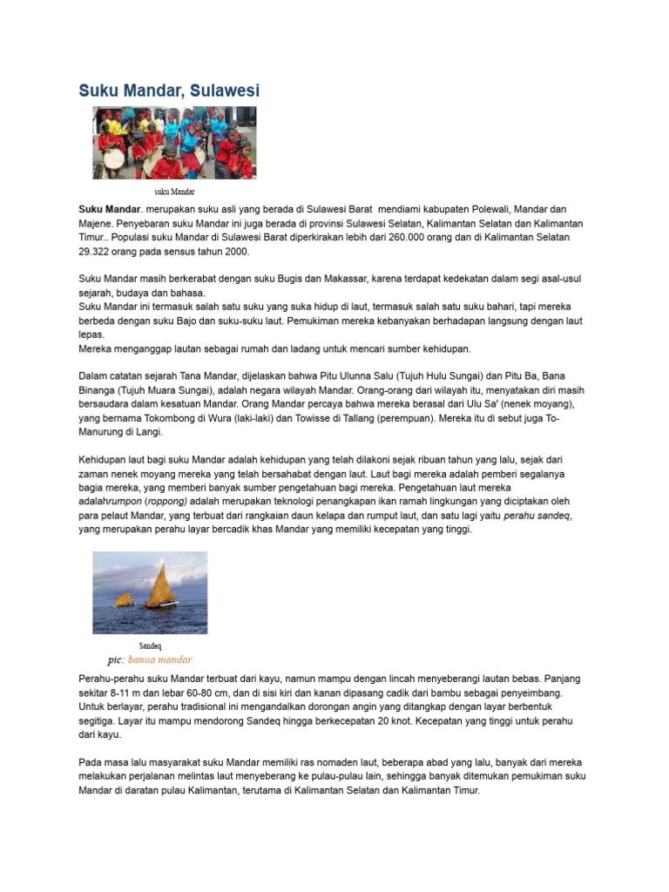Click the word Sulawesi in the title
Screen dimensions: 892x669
[223, 91]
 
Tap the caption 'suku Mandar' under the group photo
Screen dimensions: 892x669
[175, 191]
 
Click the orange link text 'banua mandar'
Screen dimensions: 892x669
[159, 659]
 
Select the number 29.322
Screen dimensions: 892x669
[98, 251]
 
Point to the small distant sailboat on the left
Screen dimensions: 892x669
[123, 599]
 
